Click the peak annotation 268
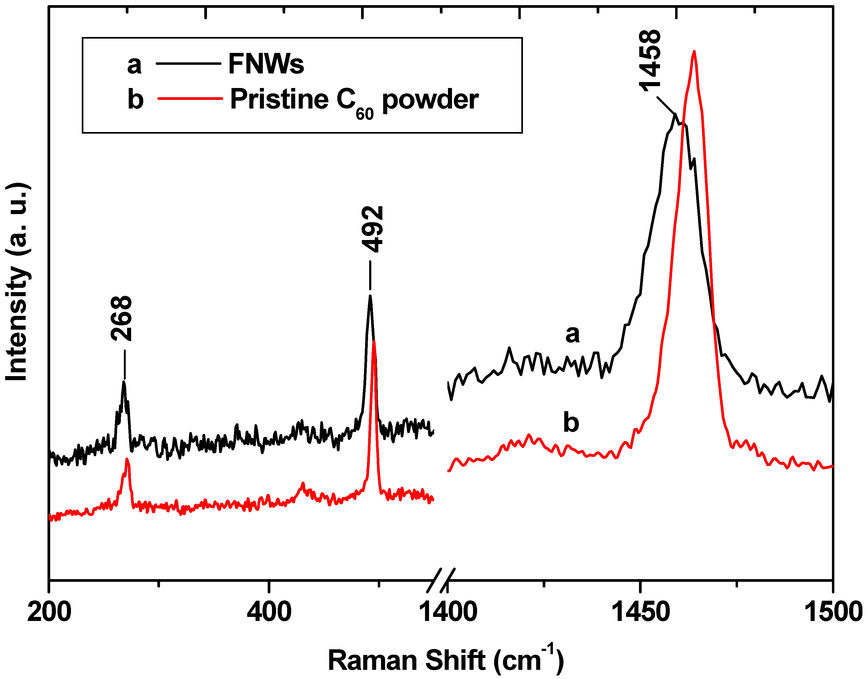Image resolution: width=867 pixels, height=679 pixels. (x=121, y=318)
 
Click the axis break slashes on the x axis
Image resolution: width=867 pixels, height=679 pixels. (x=441, y=580)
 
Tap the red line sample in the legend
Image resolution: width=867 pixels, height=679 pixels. (x=190, y=98)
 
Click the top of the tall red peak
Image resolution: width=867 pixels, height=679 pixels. (x=694, y=51)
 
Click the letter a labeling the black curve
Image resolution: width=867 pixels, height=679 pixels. (x=572, y=334)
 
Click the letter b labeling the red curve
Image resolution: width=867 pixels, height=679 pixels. (x=571, y=423)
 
